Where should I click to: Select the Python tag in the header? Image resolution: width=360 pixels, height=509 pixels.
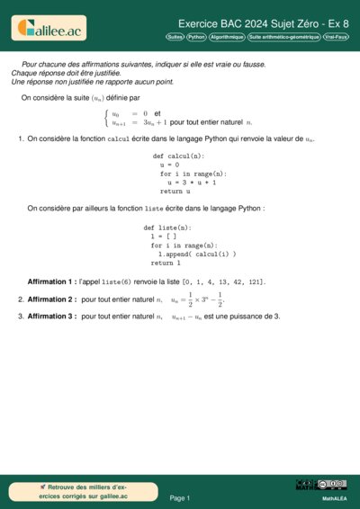tap(196, 37)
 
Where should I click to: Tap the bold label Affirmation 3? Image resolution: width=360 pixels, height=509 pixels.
tap(51, 317)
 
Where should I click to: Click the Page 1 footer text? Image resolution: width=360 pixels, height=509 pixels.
tap(180, 497)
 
